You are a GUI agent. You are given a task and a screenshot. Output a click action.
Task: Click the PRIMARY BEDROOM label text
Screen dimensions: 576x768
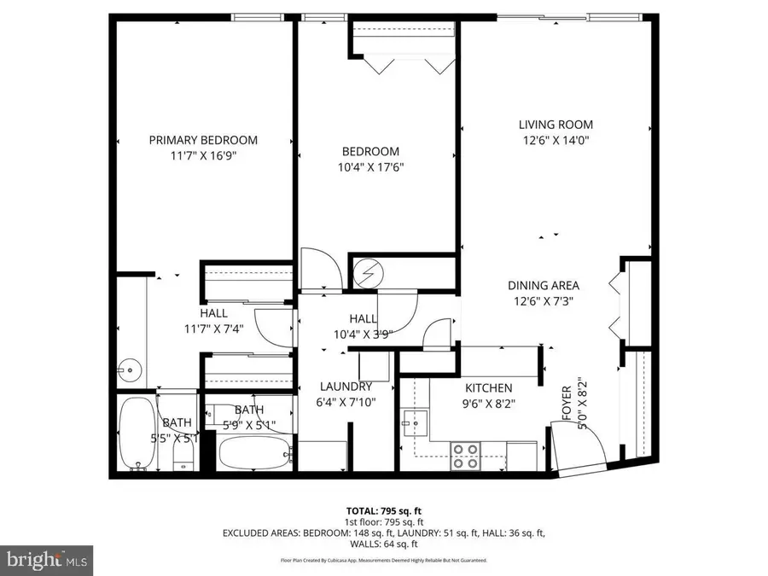[x=203, y=140]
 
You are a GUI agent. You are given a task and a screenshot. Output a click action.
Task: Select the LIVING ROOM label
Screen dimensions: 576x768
[x=557, y=125]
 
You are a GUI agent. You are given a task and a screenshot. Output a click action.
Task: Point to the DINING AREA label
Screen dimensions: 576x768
[x=544, y=286]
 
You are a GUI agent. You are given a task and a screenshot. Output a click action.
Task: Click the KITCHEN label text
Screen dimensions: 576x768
[x=488, y=387]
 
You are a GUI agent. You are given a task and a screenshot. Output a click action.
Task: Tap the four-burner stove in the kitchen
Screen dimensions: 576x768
[x=465, y=456]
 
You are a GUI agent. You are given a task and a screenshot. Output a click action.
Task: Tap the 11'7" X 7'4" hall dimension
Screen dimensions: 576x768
[x=213, y=329]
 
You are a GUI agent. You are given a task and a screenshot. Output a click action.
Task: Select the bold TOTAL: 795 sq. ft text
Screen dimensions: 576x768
[x=383, y=510]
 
